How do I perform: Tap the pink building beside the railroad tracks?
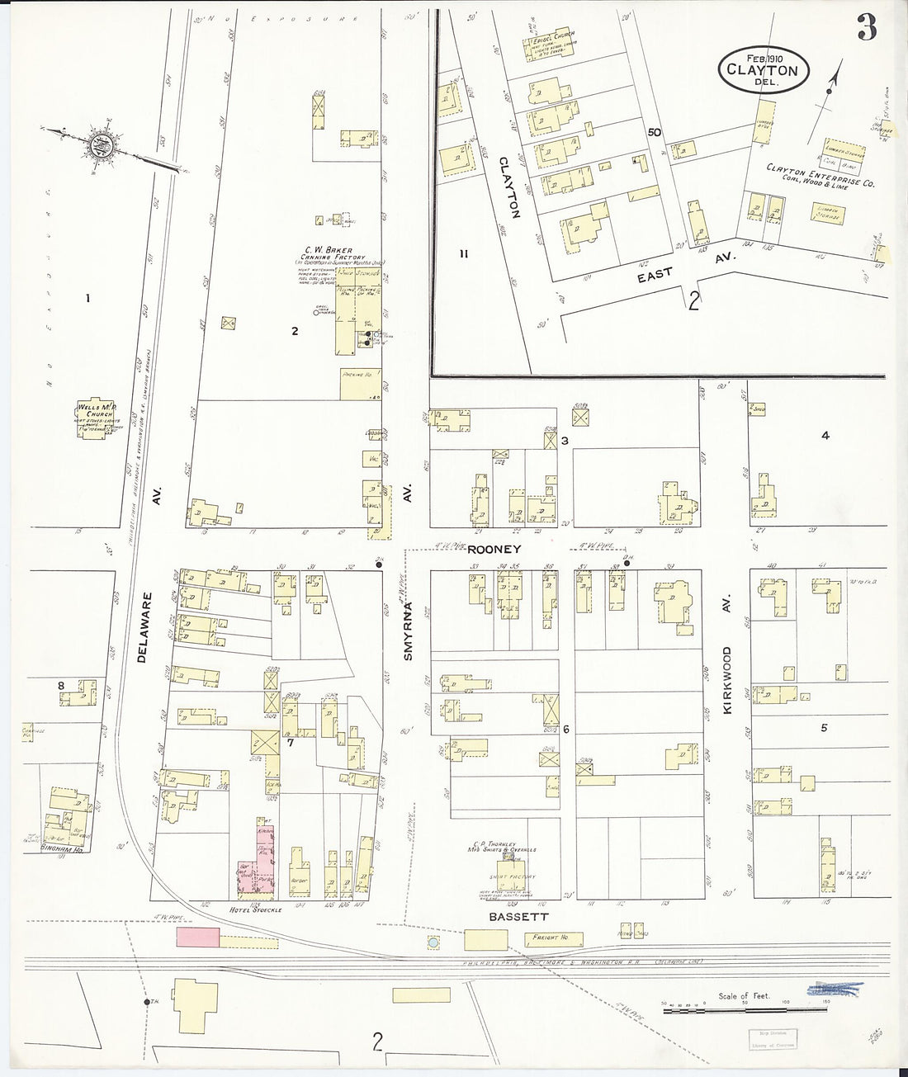coord(197,936)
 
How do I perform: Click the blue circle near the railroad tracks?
coord(433,942)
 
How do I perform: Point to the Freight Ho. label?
coord(549,937)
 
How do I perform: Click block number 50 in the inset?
coord(655,132)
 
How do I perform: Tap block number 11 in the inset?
coord(464,254)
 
